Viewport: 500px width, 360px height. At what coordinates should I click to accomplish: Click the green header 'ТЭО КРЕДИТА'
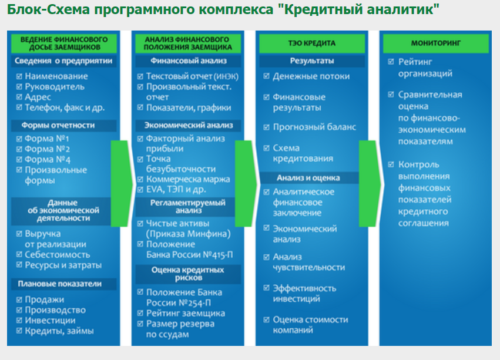(312, 43)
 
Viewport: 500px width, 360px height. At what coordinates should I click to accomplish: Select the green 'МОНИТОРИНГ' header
(436, 43)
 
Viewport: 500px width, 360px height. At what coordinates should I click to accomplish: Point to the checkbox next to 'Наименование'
(19, 76)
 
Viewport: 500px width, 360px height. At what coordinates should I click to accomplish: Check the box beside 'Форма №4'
(19, 160)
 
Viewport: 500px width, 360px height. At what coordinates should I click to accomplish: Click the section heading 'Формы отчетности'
(58, 125)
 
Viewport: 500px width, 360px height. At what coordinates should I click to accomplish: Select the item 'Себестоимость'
(57, 255)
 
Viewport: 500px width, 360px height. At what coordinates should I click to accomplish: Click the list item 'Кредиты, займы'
(59, 331)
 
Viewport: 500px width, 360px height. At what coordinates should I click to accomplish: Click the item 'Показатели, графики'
(189, 108)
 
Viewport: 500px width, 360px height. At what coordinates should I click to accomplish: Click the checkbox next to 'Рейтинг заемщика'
(140, 314)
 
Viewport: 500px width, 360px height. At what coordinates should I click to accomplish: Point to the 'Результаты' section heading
(312, 60)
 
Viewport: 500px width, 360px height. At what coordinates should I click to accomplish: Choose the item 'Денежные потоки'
(311, 76)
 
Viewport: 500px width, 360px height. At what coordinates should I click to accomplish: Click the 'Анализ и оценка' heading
(308, 177)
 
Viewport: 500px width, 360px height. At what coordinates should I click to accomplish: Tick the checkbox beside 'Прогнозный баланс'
(267, 127)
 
